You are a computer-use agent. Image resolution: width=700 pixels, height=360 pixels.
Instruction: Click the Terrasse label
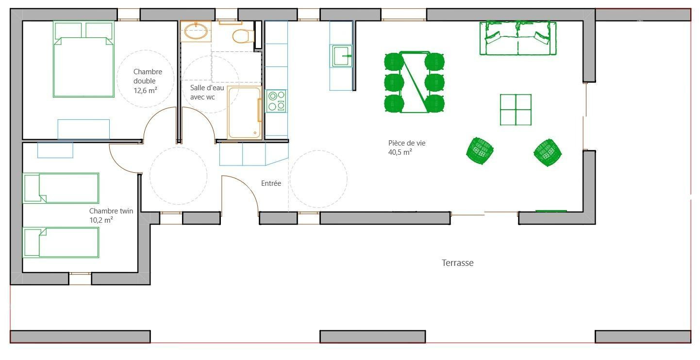(x=457, y=263)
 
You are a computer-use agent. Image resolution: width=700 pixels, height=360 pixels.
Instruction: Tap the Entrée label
(x=271, y=183)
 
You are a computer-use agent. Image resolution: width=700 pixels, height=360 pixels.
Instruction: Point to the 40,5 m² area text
(x=400, y=152)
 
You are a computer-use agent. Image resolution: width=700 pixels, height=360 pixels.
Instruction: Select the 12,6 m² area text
(x=145, y=90)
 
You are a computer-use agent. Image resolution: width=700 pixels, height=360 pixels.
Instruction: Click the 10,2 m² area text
(x=101, y=220)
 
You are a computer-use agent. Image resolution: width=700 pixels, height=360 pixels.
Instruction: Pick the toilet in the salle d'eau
(x=243, y=36)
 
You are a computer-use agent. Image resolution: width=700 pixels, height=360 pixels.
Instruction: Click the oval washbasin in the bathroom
(x=196, y=31)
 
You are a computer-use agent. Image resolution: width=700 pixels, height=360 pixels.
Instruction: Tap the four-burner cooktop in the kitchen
(x=276, y=101)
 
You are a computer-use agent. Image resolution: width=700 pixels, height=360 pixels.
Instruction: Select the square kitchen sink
(x=341, y=56)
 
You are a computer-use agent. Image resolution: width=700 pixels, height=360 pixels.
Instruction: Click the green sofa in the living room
(x=518, y=38)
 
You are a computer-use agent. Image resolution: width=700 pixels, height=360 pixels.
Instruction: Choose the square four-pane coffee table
(x=516, y=110)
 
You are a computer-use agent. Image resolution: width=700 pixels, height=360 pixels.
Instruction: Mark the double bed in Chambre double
(x=83, y=59)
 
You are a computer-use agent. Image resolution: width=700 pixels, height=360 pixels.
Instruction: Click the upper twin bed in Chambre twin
(x=61, y=188)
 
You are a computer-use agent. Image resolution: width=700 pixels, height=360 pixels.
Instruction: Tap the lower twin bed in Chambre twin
(x=61, y=243)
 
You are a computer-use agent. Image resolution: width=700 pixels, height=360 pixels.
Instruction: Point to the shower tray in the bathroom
(x=244, y=113)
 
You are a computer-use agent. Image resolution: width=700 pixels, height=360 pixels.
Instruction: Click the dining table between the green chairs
(x=415, y=82)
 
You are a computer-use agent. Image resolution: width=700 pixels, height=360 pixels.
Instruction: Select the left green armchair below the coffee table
(x=480, y=151)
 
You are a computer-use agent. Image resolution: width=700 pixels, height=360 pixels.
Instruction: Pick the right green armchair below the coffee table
(x=548, y=153)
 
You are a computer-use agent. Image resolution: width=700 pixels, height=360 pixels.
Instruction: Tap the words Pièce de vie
(x=407, y=143)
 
